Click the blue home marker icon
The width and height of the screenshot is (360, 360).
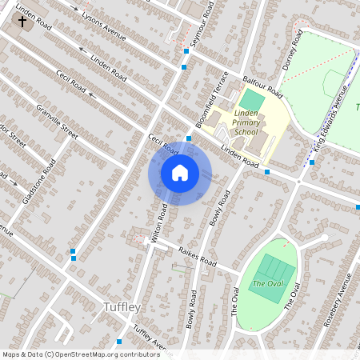(180, 172)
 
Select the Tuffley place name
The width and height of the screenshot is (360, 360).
(122, 307)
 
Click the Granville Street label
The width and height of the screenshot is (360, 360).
(57, 121)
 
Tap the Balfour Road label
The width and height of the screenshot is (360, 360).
(265, 82)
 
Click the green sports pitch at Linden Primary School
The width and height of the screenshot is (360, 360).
(252, 100)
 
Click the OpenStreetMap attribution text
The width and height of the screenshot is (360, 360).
(80, 354)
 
